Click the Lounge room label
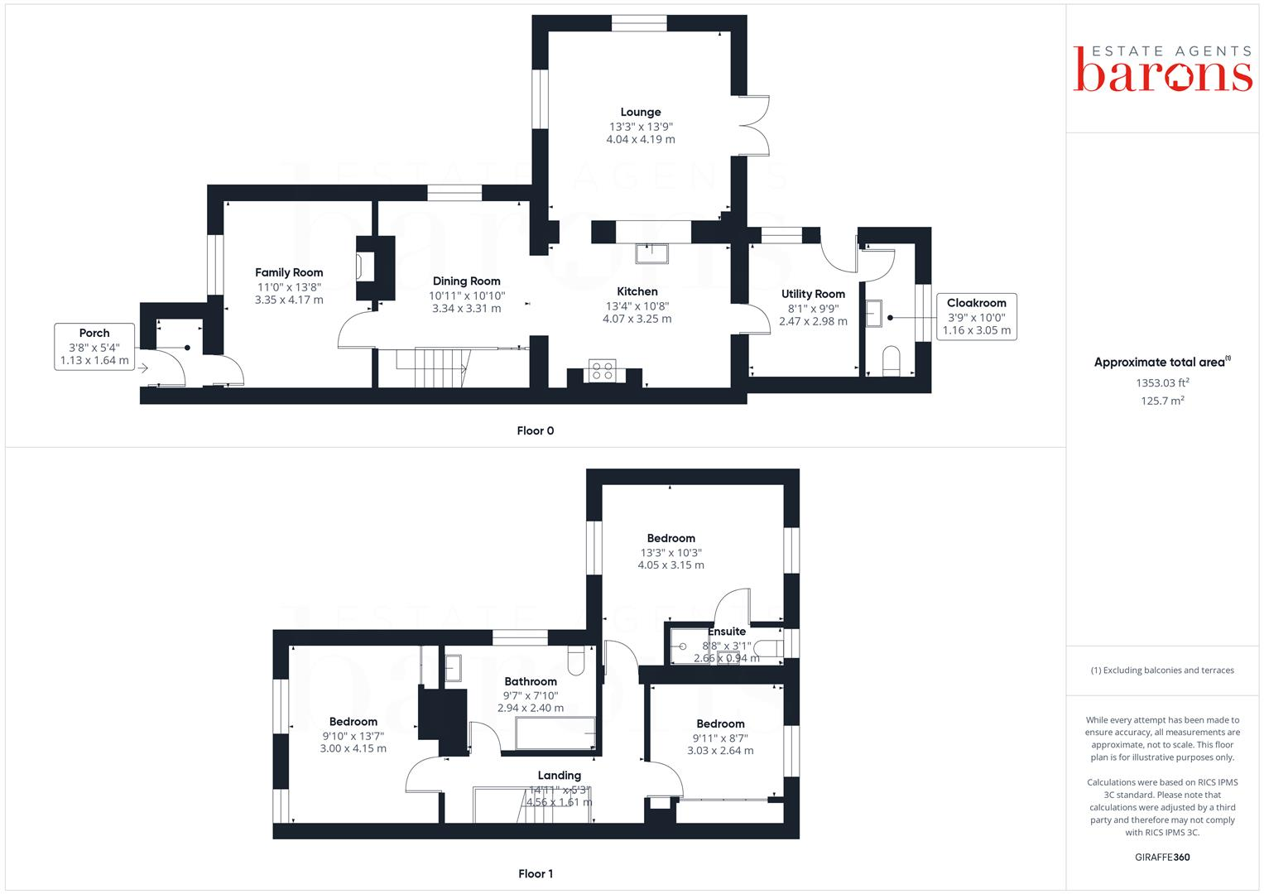641,113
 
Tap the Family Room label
289,272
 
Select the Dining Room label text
466,281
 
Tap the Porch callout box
94,347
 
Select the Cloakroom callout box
976,316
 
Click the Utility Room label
813,294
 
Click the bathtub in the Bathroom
553,733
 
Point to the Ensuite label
727,632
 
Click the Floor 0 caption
535,430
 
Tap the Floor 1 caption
535,873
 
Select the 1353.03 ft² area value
1162,382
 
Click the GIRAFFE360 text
1162,857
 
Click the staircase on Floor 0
432,368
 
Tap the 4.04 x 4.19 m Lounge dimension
641,140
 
